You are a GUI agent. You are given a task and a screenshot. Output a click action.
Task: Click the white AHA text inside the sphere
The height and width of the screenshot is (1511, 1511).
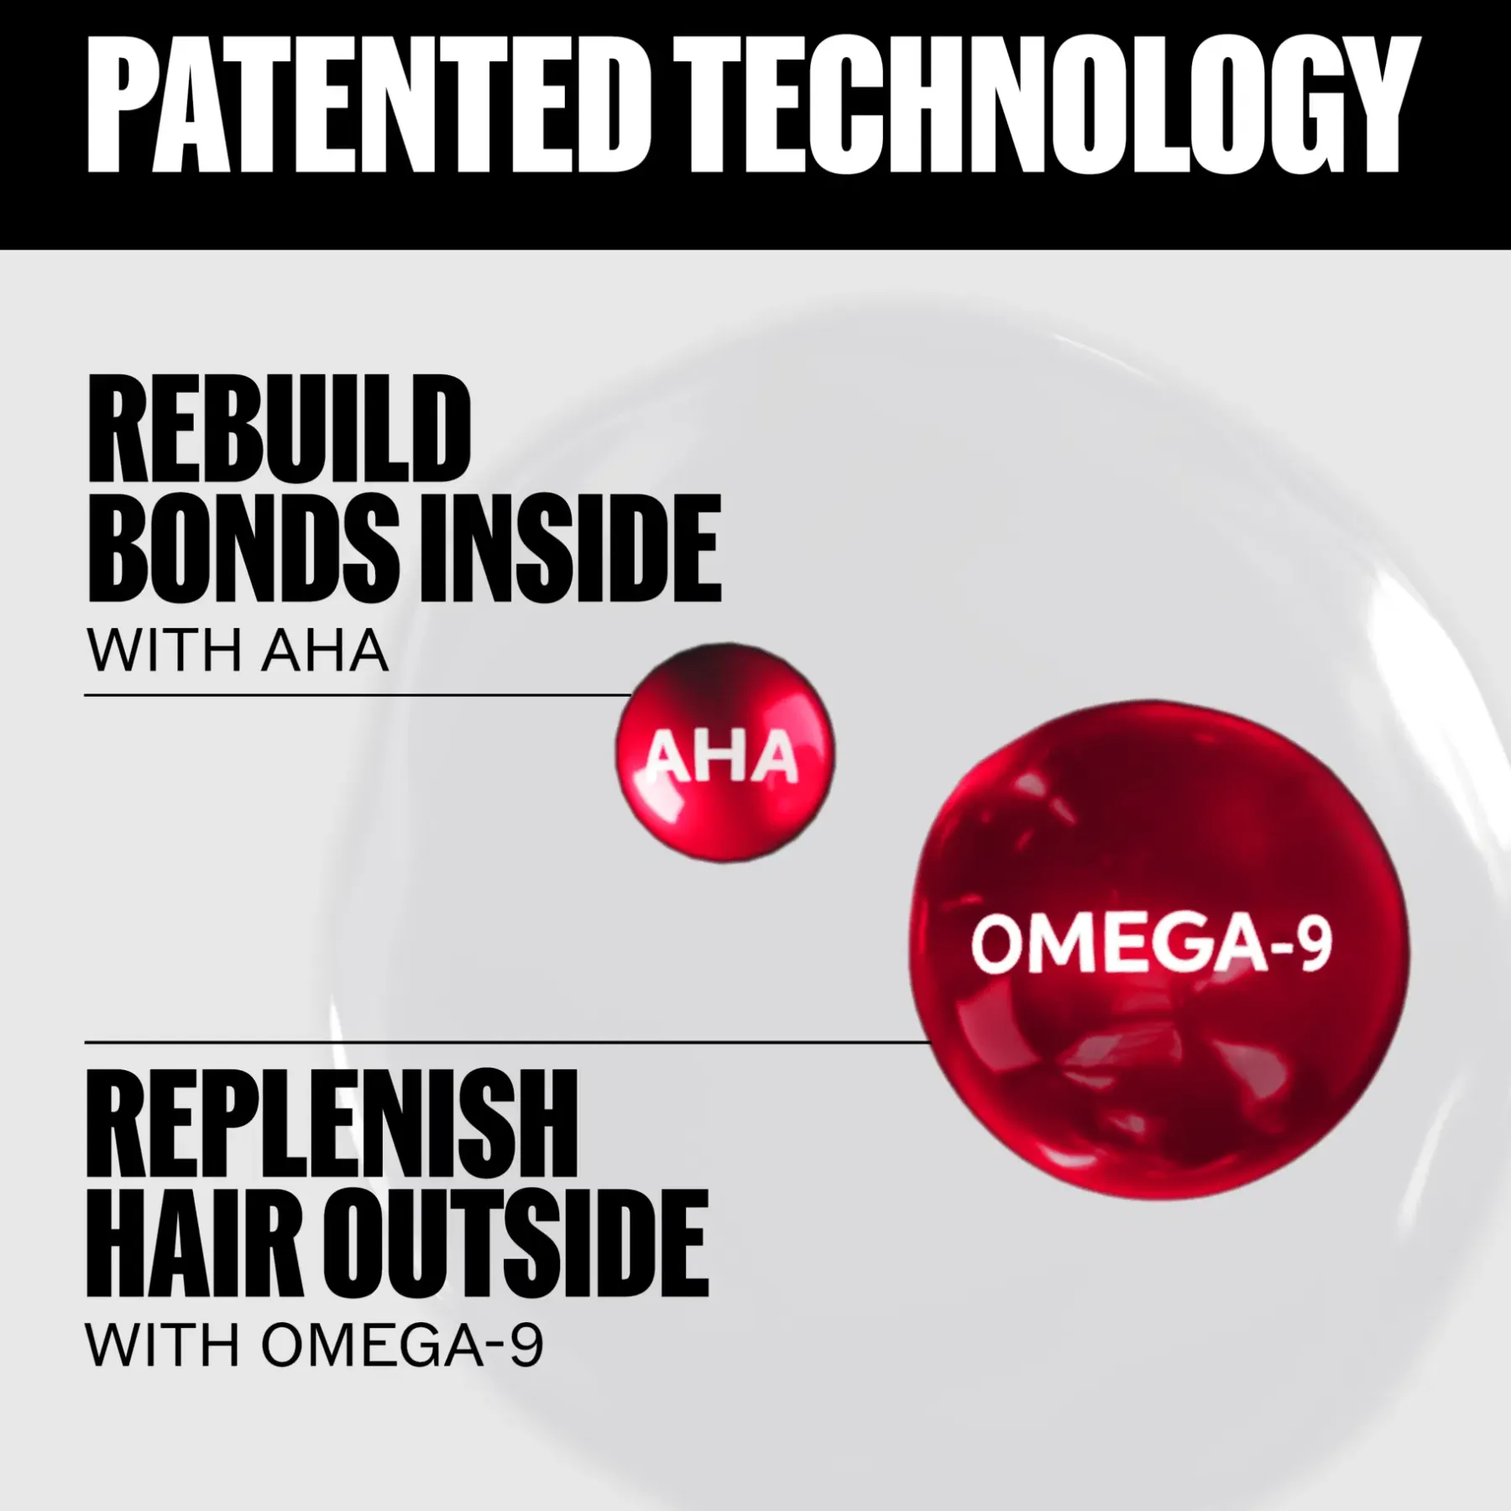(723, 757)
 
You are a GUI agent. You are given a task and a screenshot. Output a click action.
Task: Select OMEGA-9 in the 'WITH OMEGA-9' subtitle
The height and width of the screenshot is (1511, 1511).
(402, 1346)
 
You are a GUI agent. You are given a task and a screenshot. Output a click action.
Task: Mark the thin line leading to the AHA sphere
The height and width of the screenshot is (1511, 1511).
(358, 695)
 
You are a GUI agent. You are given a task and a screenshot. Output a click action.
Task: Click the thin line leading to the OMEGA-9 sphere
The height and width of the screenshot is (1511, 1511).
(508, 1042)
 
